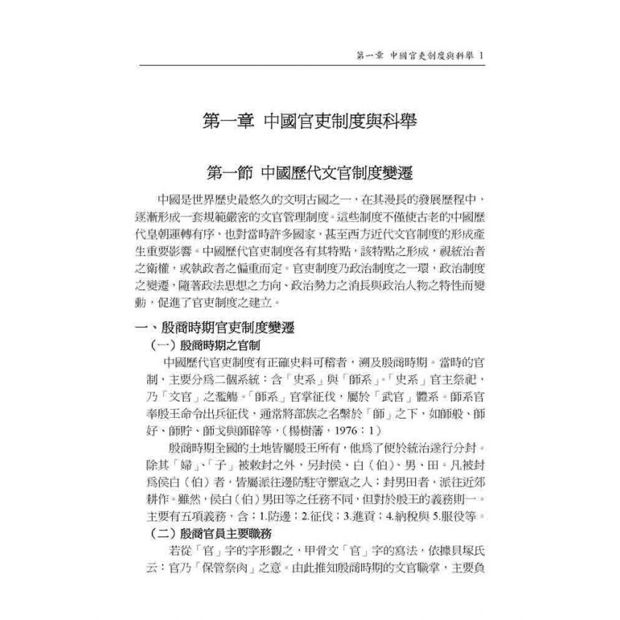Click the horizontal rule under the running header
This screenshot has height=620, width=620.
click(310, 66)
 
